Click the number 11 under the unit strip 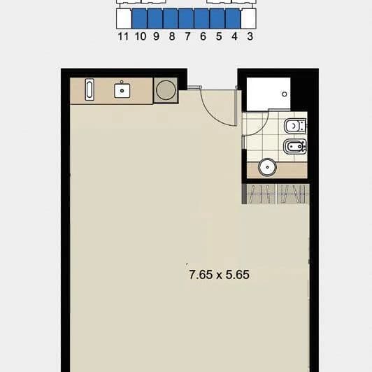[123, 36]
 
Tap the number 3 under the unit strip [250, 36]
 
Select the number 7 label [187, 36]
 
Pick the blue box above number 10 [139, 18]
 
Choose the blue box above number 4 [233, 18]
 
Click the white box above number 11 [124, 18]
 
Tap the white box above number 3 [249, 18]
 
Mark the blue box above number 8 [171, 18]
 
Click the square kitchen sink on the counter [122, 90]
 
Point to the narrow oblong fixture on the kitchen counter [90, 90]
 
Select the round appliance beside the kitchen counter [166, 90]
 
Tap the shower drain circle [284, 94]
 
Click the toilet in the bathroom [295, 126]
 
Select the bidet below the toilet [295, 146]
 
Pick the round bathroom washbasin [267, 167]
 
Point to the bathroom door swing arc [261, 129]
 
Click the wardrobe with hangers [276, 194]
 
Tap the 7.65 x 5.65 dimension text [220, 275]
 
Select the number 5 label [219, 36]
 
